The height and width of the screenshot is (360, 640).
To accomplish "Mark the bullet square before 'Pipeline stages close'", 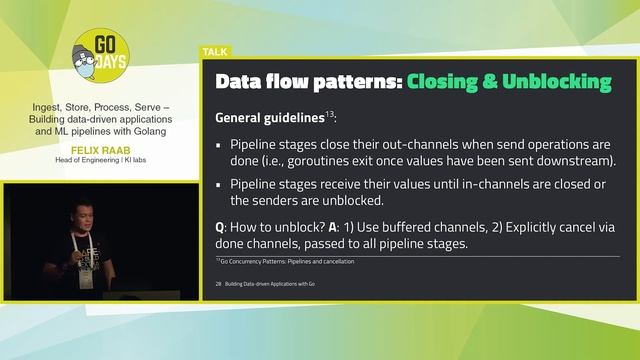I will click(x=220, y=144).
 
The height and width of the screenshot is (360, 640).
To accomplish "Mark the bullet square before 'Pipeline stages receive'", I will click(x=220, y=184).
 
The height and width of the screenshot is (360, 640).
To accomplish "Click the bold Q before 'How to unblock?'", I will click(x=220, y=226).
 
